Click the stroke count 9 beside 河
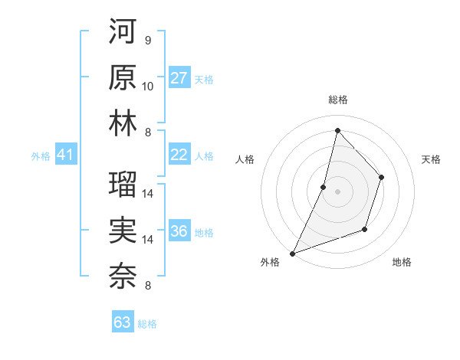pyautogui.click(x=147, y=40)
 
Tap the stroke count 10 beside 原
pyautogui.click(x=148, y=86)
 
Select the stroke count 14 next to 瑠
pyautogui.click(x=148, y=193)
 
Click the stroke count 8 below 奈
pyautogui.click(x=147, y=286)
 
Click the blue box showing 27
pyautogui.click(x=179, y=78)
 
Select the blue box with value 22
pyautogui.click(x=179, y=155)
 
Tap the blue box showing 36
pyautogui.click(x=179, y=231)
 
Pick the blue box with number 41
pyautogui.click(x=65, y=155)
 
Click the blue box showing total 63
pyautogui.click(x=122, y=322)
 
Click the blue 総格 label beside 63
pyautogui.click(x=147, y=324)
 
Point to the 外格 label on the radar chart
pyautogui.click(x=270, y=263)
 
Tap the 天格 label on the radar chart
pyautogui.click(x=431, y=159)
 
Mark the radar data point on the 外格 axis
pyautogui.click(x=292, y=253)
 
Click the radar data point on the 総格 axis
pyautogui.click(x=337, y=130)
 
